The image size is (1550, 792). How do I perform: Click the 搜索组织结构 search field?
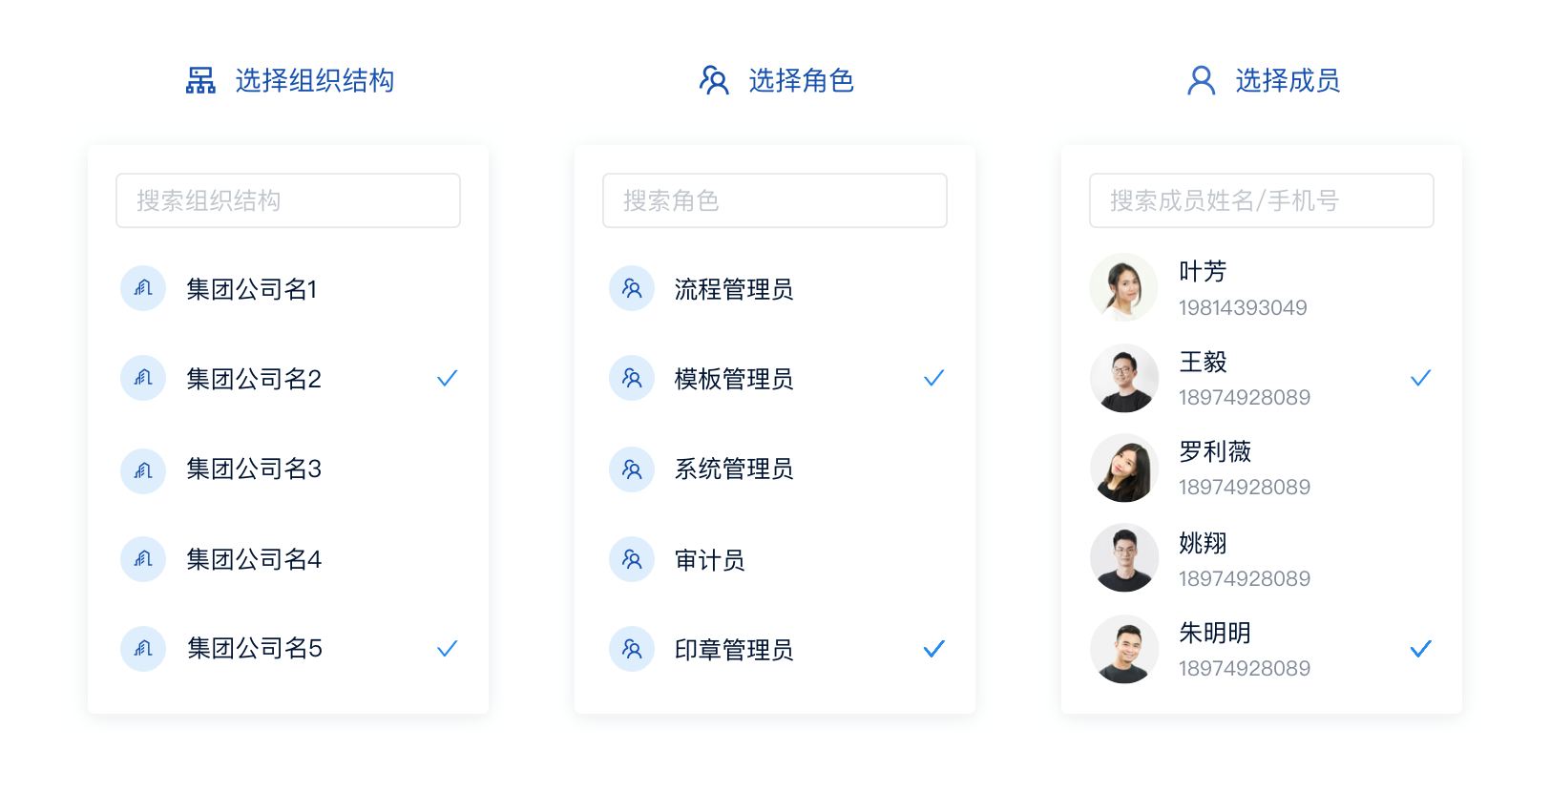288,200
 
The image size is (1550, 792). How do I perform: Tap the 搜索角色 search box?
774,200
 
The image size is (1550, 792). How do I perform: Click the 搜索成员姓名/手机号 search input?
1261,200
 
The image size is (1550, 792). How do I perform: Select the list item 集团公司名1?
252,289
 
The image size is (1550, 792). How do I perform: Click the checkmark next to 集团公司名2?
447,379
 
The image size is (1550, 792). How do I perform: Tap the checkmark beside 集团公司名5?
447,648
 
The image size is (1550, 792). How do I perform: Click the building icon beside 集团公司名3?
143,471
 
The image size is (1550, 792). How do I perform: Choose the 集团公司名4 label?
254,559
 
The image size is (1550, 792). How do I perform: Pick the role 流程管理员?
733,289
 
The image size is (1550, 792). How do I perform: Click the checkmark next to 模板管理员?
933,379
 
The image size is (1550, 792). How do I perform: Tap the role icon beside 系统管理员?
632,469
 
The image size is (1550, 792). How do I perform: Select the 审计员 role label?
709,559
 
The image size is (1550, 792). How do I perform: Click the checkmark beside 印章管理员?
933,648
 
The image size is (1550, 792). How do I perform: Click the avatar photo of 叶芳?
1123,287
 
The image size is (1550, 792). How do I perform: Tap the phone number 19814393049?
1243,308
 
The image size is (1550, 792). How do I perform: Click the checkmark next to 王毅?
1420,379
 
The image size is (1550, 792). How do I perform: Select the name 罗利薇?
1215,451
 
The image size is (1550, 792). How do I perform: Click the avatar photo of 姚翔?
1123,557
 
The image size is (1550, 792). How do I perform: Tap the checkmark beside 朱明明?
1420,648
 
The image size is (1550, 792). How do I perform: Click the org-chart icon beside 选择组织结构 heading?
200,80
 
